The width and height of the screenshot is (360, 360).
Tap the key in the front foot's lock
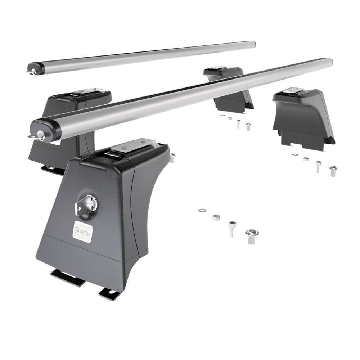86,205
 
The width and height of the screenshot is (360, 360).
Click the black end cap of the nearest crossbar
45,130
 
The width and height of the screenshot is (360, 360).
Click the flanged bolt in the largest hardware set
252,237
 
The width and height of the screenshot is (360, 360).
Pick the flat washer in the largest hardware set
202,210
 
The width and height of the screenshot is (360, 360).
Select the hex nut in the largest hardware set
216,217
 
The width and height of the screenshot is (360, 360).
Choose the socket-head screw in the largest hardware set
232,229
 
